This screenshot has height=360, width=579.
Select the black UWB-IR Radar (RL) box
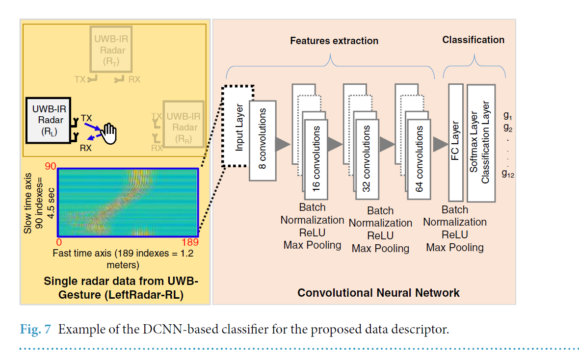click(x=47, y=120)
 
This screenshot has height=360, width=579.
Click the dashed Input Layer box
click(x=238, y=126)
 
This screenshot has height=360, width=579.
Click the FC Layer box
click(x=456, y=142)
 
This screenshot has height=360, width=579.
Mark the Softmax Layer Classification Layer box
click(x=481, y=143)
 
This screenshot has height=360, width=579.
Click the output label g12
click(x=508, y=173)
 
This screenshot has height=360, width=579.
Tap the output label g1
click(x=507, y=116)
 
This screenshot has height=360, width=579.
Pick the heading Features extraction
click(x=334, y=41)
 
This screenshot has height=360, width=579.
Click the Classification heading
click(x=473, y=40)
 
